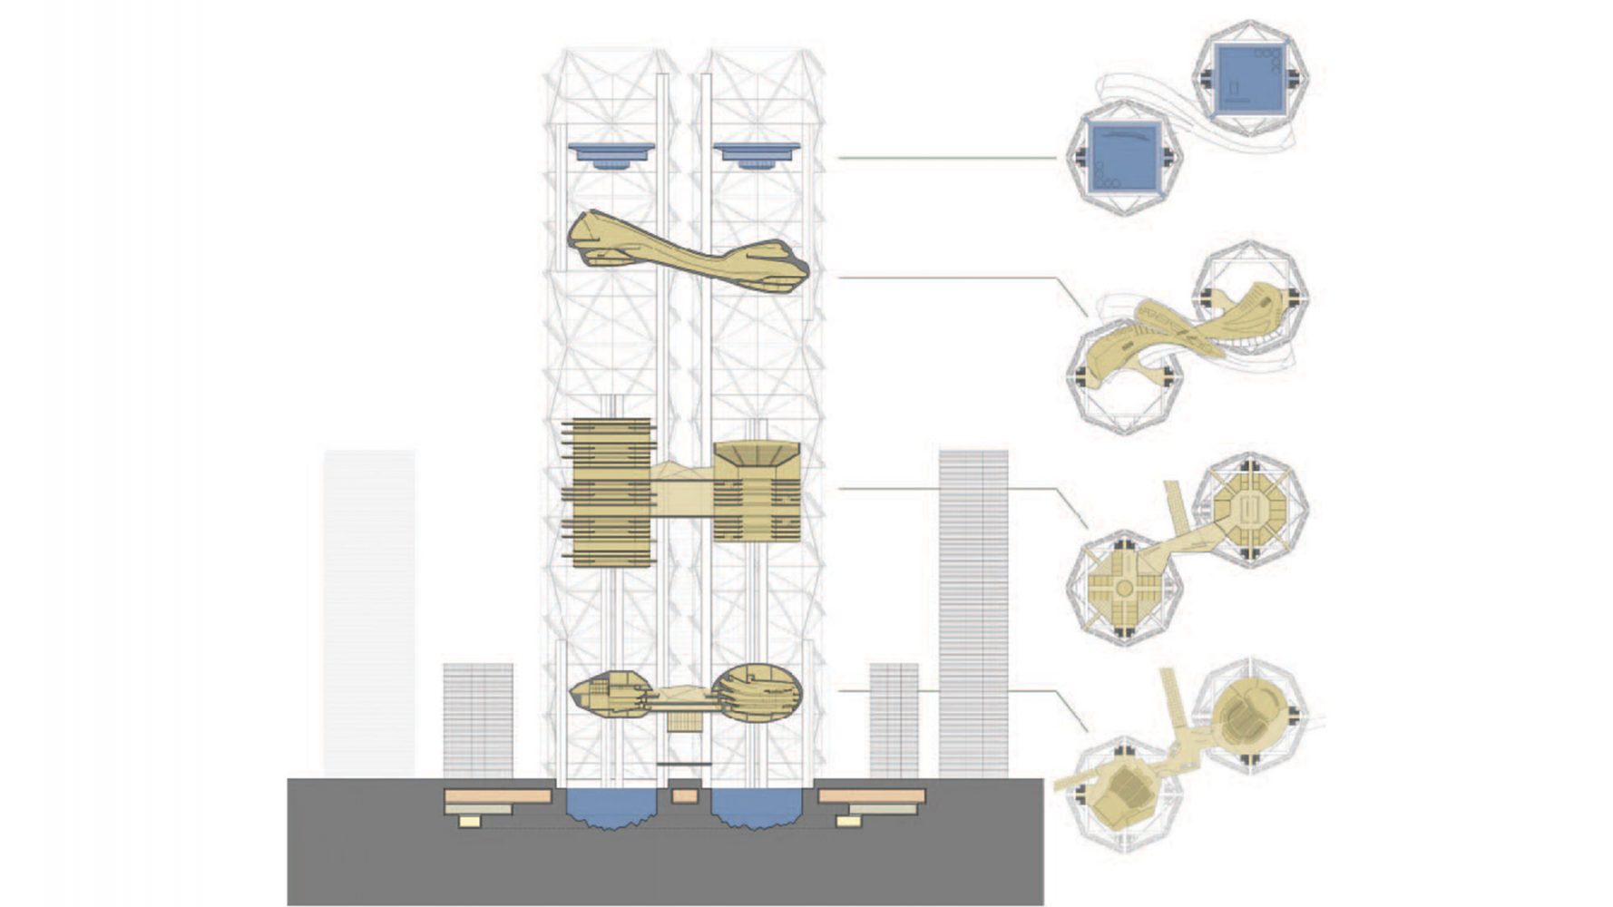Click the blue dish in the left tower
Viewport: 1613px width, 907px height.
pos(611,154)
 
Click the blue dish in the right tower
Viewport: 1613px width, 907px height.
pos(756,154)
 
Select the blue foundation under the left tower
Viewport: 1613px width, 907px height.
pos(611,807)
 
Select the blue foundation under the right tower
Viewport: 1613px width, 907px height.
pos(757,807)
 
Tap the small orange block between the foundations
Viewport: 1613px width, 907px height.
pos(685,796)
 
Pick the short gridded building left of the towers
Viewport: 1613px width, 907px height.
pos(478,720)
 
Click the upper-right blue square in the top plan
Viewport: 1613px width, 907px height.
pos(1250,80)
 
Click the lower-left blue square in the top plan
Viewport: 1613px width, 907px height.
pos(1125,158)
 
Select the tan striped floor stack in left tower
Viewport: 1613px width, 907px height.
pos(610,493)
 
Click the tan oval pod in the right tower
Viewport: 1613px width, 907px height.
pos(757,694)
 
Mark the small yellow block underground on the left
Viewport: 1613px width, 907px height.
pos(469,821)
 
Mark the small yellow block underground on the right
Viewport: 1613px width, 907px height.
pos(848,821)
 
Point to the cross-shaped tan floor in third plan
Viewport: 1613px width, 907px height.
pos(1124,588)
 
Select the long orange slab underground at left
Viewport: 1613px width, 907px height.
pos(497,796)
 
